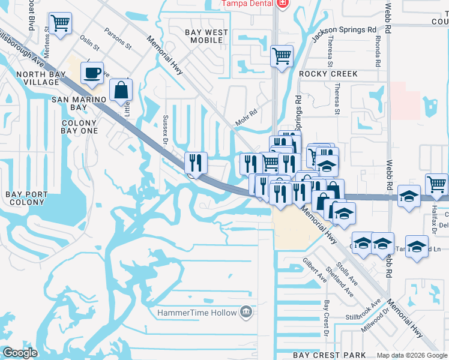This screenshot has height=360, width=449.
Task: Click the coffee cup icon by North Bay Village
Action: (x=92, y=73)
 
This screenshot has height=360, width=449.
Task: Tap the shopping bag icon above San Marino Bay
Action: (x=121, y=90)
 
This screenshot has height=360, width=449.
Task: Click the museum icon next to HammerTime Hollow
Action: (x=246, y=312)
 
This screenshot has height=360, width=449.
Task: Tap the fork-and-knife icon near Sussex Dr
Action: (x=196, y=162)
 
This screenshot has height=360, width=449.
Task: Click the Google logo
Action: (x=20, y=353)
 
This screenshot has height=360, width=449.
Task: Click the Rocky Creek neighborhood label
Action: (x=328, y=74)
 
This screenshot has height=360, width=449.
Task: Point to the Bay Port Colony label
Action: (x=25, y=198)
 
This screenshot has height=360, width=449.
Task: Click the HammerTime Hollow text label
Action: (x=197, y=313)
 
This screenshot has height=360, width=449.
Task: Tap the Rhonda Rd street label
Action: (x=378, y=52)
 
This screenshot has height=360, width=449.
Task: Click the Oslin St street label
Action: (x=89, y=44)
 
